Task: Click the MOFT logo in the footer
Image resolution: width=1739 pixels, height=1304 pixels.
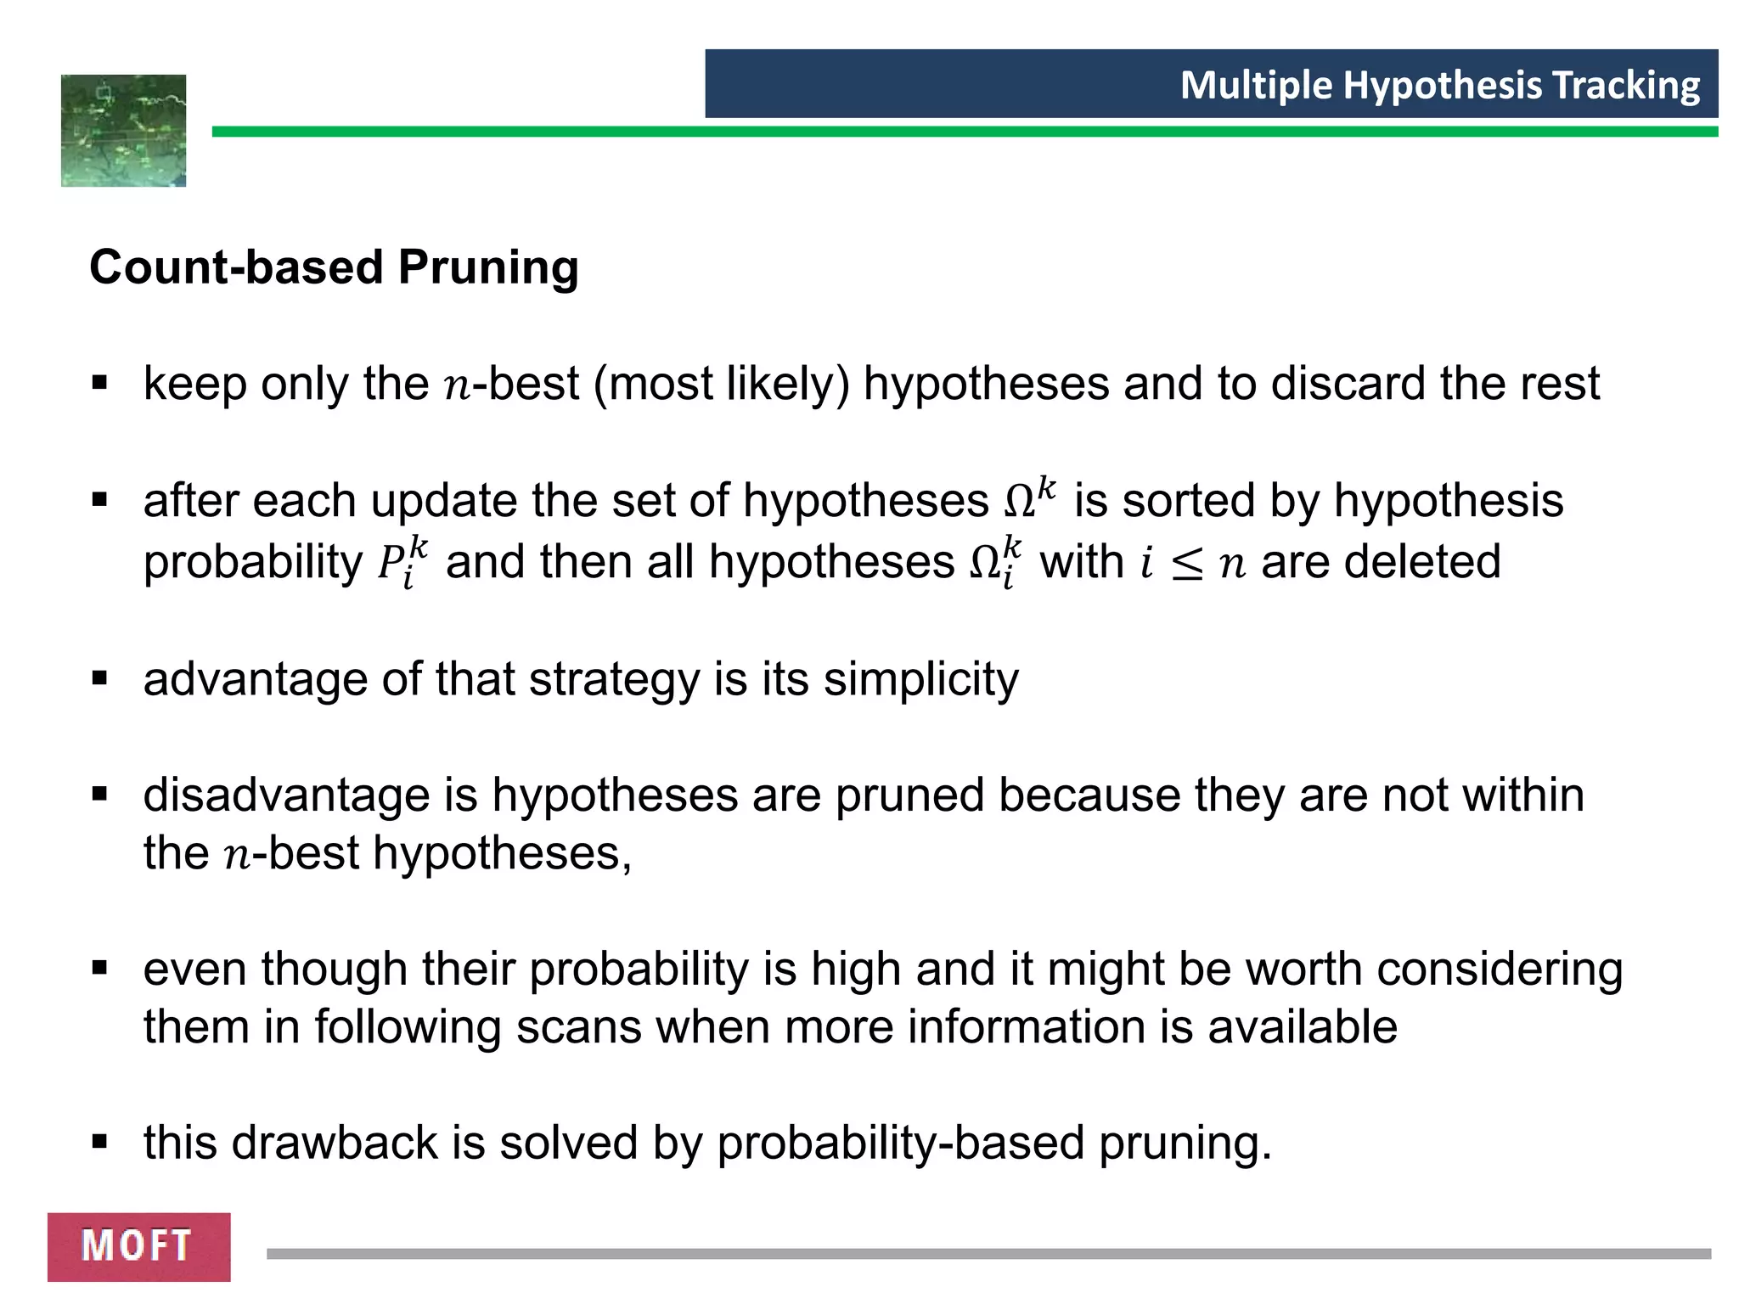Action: point(138,1246)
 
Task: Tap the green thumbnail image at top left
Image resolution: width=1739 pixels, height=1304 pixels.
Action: point(123,131)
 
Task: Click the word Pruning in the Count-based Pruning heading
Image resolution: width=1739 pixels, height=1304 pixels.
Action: point(488,267)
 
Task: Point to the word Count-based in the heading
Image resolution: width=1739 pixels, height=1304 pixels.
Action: point(237,267)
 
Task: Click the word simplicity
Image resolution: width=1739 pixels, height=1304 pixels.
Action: point(920,679)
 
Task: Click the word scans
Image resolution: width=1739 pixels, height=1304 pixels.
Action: point(578,1026)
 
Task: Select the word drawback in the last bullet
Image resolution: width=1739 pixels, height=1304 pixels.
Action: point(334,1142)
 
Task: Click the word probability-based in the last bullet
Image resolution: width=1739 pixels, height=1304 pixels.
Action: point(901,1143)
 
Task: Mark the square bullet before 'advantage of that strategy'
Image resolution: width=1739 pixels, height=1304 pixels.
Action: point(100,678)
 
